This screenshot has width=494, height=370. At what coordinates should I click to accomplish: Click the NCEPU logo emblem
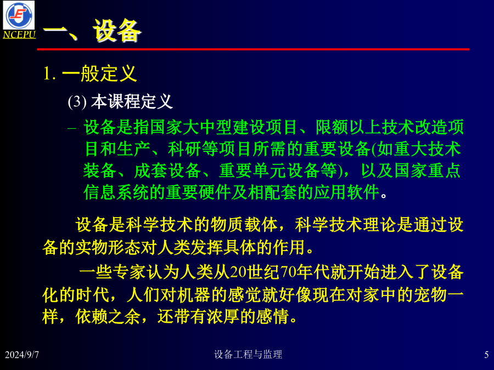tap(19, 15)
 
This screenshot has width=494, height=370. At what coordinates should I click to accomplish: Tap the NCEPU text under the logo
tap(19, 35)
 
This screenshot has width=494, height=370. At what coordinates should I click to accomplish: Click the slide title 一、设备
tap(92, 30)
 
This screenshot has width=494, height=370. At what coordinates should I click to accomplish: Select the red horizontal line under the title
tap(253, 49)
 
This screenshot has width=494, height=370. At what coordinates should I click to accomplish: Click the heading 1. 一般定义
tap(90, 73)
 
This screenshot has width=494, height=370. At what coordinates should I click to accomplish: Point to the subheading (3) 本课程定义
tap(120, 101)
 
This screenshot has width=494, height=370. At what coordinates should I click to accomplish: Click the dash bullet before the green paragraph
tap(72, 128)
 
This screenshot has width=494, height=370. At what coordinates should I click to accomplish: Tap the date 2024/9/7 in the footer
tap(22, 355)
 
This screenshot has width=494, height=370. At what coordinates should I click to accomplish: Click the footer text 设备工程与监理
tap(248, 354)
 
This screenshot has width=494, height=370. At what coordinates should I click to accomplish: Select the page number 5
tap(486, 355)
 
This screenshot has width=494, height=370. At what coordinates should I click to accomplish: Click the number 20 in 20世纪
tap(238, 272)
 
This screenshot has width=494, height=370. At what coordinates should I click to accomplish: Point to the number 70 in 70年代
tap(288, 272)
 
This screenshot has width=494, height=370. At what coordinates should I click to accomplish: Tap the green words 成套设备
tap(167, 170)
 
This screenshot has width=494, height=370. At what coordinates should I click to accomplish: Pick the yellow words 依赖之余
tap(108, 316)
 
